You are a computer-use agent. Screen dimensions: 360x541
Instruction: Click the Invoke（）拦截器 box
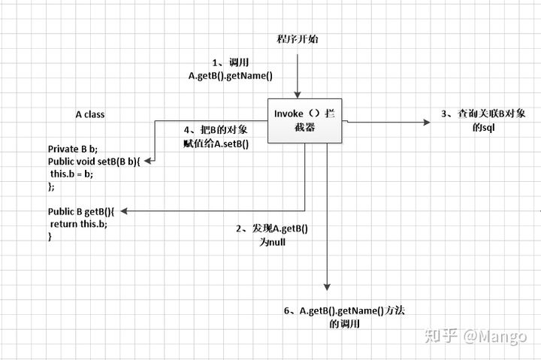[x=304, y=120]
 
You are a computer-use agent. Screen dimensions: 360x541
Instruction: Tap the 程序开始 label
[x=298, y=38]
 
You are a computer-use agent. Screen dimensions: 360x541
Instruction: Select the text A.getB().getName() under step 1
[x=230, y=76]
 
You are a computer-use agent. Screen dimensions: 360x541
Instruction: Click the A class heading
[x=90, y=114]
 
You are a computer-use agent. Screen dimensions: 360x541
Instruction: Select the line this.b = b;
[x=72, y=173]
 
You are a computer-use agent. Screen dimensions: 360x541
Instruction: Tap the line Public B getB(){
[x=81, y=212]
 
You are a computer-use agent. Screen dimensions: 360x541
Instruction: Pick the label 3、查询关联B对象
[x=482, y=114]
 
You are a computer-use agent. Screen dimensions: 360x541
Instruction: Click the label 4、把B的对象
[x=216, y=130]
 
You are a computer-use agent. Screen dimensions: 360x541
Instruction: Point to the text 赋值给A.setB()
[x=216, y=144]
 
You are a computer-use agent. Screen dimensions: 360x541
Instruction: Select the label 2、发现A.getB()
[x=273, y=229]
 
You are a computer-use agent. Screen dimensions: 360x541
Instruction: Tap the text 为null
[x=273, y=243]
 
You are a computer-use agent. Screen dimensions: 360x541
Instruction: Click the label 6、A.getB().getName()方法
[x=349, y=310]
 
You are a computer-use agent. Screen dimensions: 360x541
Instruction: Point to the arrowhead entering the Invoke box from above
[x=298, y=94]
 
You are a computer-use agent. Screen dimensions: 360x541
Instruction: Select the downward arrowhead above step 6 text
[x=328, y=287]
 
